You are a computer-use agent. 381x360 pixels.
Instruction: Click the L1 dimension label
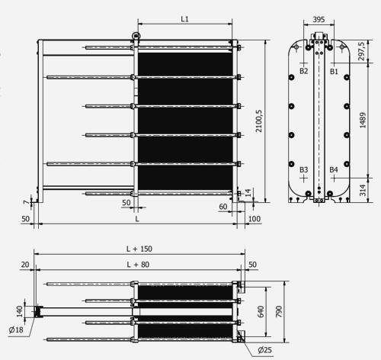(185, 18)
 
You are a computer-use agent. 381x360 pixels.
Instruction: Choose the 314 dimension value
(362, 188)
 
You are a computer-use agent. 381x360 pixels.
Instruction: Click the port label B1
(333, 70)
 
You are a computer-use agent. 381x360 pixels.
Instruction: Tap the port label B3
(303, 169)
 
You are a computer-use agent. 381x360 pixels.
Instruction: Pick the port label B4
(333, 169)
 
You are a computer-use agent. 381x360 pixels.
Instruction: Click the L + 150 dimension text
(140, 249)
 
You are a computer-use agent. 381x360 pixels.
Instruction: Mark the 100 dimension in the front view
(254, 219)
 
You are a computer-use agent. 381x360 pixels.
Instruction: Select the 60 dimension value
(223, 206)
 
